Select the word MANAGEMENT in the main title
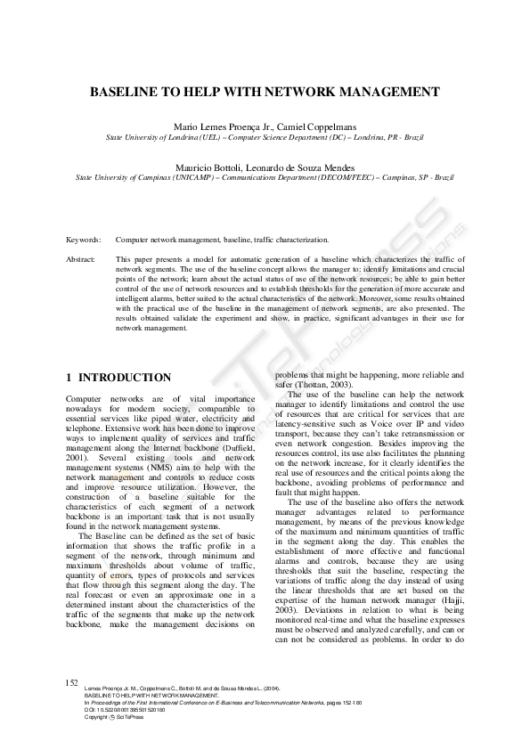[x=393, y=92]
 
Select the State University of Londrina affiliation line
[x=265, y=138]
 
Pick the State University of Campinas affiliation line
[x=265, y=177]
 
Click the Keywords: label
[x=83, y=240]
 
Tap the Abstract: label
[x=81, y=258]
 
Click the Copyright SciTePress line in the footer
[x=114, y=716]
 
